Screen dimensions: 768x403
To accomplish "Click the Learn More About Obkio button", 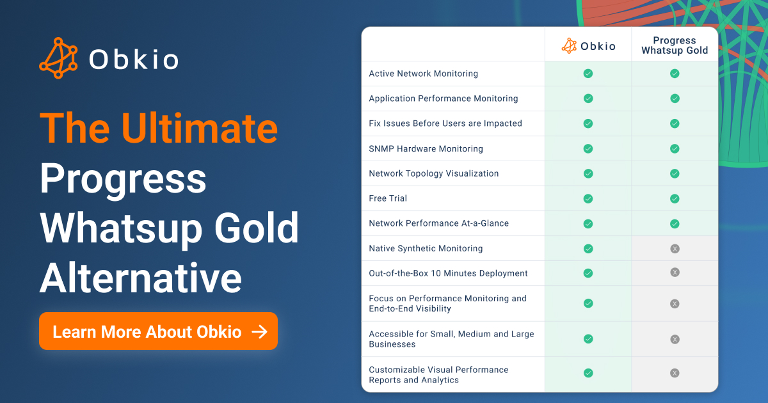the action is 158,331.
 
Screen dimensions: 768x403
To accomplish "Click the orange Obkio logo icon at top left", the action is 58,58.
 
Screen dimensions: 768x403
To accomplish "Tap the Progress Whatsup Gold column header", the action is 675,45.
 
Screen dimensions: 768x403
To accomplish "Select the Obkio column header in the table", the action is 588,46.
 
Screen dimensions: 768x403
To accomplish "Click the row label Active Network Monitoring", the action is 423,74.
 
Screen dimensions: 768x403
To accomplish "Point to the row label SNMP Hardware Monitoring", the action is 426,148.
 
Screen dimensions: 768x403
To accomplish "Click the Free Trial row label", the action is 388,198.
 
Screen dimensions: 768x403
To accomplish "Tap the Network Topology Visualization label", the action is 434,173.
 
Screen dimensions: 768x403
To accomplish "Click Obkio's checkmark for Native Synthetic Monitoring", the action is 588,248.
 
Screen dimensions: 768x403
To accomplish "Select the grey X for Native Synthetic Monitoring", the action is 675,248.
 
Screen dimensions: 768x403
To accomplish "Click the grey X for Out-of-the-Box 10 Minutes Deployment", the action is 675,273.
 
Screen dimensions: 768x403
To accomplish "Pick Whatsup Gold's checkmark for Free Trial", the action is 675,198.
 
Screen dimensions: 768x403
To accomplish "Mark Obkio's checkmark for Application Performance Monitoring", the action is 588,99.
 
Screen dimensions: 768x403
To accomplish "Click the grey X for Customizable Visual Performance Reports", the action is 675,373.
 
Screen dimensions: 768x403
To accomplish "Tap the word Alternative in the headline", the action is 141,278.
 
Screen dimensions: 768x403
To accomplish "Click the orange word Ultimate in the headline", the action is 199,128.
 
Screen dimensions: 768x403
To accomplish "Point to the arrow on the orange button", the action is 259,332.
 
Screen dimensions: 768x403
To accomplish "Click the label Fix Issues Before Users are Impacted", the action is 445,123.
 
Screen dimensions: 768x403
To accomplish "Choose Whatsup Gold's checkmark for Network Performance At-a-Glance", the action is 675,224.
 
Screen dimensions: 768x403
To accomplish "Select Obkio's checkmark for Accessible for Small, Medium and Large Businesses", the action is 588,339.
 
